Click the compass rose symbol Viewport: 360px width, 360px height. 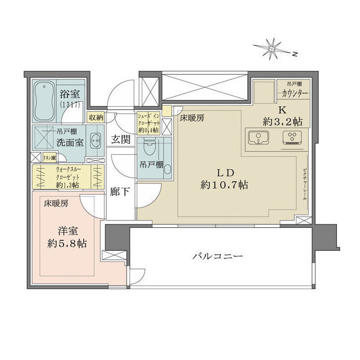pyautogui.click(x=272, y=50)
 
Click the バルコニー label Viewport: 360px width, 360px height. pyautogui.click(x=217, y=256)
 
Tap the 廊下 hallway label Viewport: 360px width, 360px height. pyautogui.click(x=120, y=191)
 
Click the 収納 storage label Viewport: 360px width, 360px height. pyautogui.click(x=96, y=117)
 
